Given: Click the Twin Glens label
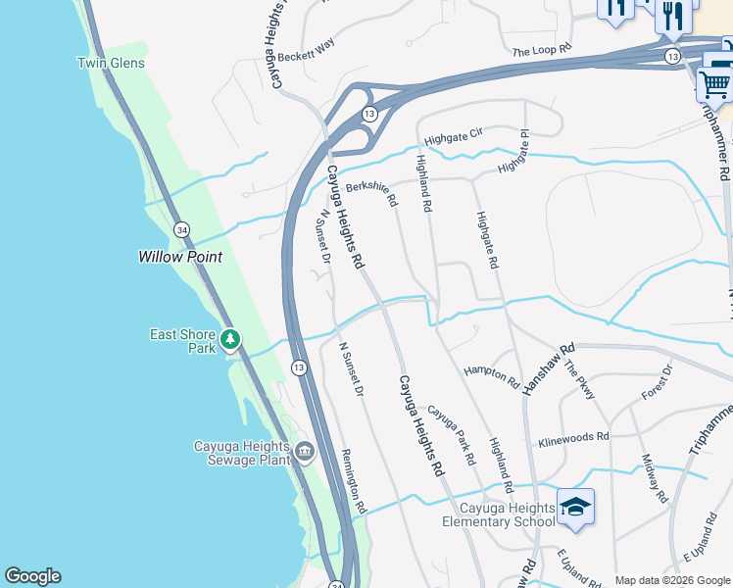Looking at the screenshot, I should click(111, 64).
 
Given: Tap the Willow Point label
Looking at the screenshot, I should click(179, 257).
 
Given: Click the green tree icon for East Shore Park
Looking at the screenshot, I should click(230, 340).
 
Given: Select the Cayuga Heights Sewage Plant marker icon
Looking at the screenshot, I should click(304, 452).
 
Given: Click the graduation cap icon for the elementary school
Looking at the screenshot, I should click(575, 507).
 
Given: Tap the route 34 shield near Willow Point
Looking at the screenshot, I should click(181, 229).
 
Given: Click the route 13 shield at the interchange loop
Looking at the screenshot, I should click(368, 115).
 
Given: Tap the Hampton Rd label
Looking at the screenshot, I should click(491, 373).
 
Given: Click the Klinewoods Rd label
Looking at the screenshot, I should click(573, 437).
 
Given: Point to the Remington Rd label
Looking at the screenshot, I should click(354, 481).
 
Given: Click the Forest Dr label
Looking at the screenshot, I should click(656, 382).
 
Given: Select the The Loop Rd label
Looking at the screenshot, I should click(541, 52).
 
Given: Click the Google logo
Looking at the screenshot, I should click(32, 576).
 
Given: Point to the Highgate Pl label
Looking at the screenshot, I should click(513, 155).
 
